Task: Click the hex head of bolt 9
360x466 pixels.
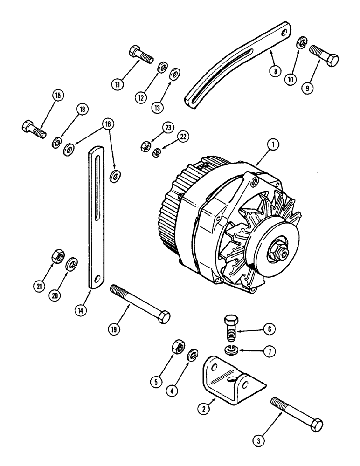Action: pos(332,61)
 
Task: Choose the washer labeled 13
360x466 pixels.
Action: pos(175,75)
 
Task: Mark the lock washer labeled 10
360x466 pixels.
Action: pos(303,44)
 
